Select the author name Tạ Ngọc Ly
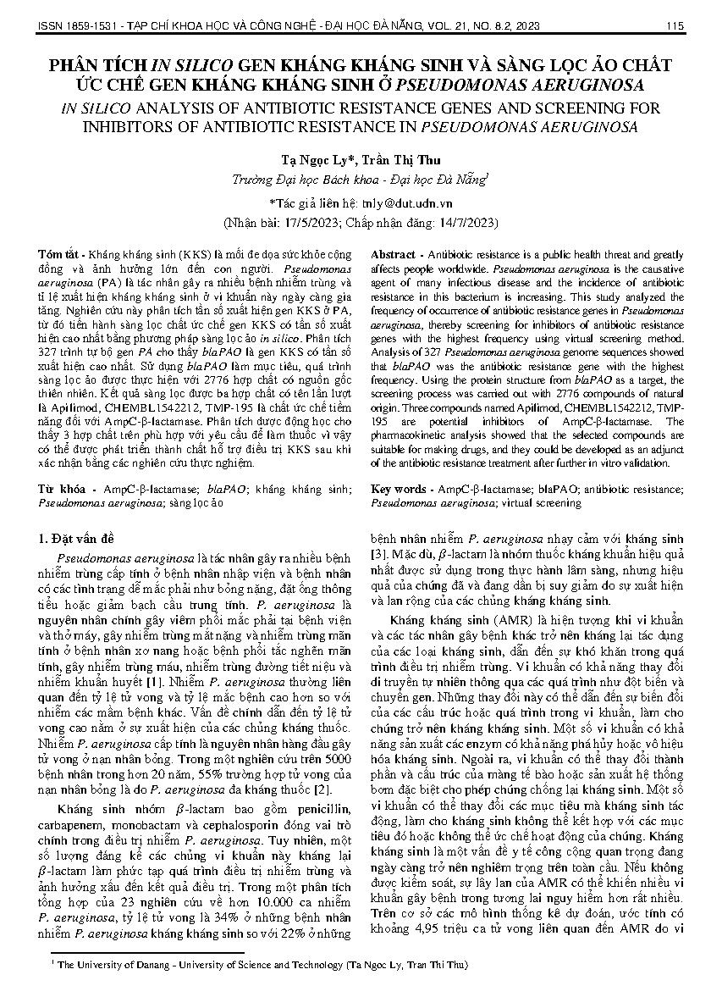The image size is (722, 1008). click(x=315, y=159)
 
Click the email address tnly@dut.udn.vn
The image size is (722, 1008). click(x=407, y=204)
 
